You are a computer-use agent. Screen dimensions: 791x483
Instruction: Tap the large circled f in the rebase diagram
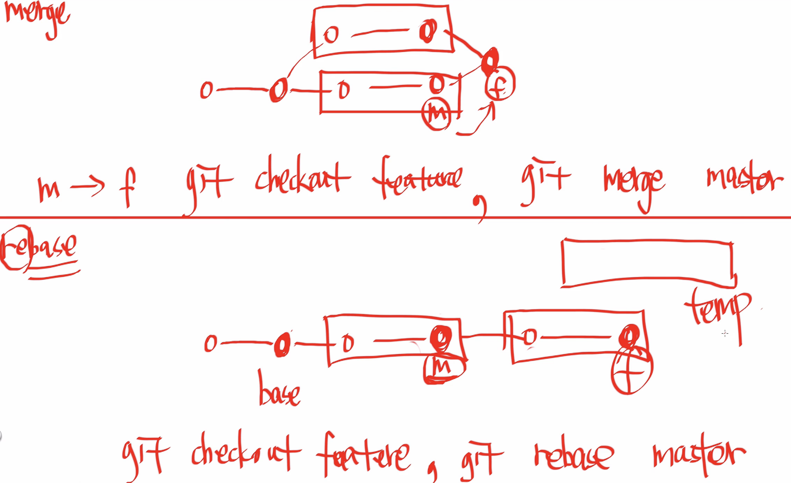coord(631,371)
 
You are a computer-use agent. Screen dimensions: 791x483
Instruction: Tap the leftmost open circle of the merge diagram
coord(207,90)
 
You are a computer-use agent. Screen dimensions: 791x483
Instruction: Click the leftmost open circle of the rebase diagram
coord(211,343)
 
